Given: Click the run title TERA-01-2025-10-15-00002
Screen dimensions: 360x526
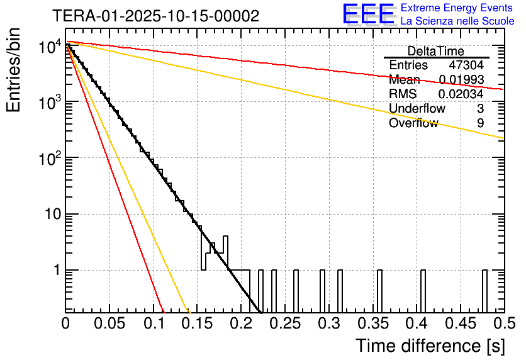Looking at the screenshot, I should pyautogui.click(x=155, y=16).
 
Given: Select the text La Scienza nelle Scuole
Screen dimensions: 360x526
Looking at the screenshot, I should pyautogui.click(x=457, y=21).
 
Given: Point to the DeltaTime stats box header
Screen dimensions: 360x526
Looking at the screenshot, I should pyautogui.click(x=436, y=51).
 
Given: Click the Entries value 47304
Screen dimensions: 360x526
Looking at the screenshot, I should pyautogui.click(x=466, y=65).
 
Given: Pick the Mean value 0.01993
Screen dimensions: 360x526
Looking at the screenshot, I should pyautogui.click(x=461, y=80).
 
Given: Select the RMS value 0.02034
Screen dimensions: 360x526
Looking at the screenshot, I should pyautogui.click(x=461, y=94).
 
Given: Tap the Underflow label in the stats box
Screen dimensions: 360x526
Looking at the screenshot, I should pyautogui.click(x=417, y=109).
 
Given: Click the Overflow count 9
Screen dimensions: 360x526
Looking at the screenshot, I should pyautogui.click(x=480, y=123).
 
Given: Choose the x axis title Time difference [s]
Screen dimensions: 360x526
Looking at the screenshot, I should pyautogui.click(x=430, y=346).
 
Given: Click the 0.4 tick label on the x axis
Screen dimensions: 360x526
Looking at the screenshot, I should pyautogui.click(x=417, y=324).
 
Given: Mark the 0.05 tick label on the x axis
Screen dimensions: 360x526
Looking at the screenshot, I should pyautogui.click(x=109, y=324).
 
